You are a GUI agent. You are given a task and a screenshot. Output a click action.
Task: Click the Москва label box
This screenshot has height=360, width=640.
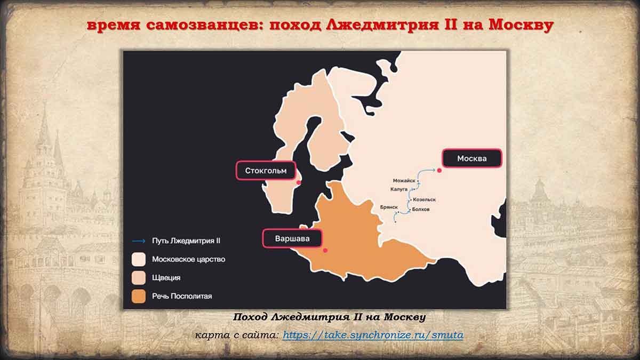pos(471,158)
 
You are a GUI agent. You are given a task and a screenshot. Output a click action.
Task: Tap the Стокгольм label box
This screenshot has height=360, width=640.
pos(266,171)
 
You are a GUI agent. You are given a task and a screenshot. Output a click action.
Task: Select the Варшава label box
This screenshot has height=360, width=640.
pos(292,238)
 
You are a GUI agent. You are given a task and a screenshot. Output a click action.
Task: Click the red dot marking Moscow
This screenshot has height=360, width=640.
pos(439,170)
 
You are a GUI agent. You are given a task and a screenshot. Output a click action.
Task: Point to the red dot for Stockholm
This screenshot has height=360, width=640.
pos(299,182)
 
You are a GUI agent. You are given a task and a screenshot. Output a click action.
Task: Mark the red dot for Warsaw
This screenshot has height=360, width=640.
pos(325,250)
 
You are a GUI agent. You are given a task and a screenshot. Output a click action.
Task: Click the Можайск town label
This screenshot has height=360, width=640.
pos(404,181)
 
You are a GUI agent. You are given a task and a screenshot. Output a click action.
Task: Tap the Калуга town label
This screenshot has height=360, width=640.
pos(399,189)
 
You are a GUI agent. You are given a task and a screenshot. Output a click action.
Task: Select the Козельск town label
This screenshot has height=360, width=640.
pos(425,199)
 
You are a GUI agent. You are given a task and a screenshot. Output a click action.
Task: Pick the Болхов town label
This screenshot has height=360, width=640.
pos(421,209)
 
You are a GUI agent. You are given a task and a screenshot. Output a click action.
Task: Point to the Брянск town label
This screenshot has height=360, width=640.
pos(389,207)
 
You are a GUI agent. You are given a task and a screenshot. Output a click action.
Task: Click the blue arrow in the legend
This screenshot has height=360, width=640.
pos(139,241)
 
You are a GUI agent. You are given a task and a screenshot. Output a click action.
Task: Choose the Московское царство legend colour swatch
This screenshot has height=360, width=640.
pos(139,259)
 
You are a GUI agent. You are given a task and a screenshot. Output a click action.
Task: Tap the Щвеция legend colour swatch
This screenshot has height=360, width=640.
pos(139,278)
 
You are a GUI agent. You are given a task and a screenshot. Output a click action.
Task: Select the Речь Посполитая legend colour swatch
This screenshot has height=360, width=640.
pos(139,297)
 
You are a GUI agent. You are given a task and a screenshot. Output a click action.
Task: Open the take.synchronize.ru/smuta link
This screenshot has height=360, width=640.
pos(373,335)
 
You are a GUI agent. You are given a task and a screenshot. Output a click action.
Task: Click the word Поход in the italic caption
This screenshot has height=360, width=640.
pos(250,317)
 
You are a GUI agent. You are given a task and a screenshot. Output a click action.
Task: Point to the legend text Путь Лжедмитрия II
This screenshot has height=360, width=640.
pos(186,241)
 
